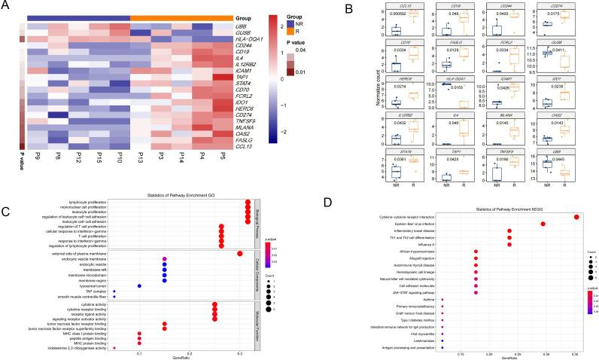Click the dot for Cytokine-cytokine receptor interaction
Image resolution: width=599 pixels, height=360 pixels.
(576, 216)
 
